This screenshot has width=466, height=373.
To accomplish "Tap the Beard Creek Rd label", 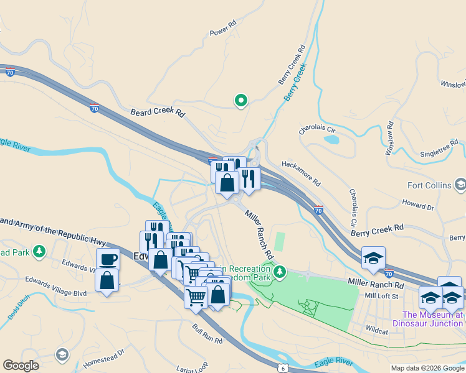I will tap(158, 113).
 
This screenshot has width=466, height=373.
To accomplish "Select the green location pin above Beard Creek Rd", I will tap(240, 99).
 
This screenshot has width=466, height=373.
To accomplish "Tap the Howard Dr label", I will tap(417, 205).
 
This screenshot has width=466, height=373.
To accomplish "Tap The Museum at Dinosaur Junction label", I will tap(428, 319).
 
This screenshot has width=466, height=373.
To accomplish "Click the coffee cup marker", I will tap(108, 259).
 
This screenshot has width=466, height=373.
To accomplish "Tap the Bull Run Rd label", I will tap(207, 335).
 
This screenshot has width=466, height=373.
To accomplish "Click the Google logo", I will tap(21, 365).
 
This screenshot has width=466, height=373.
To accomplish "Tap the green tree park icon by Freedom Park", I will tap(280, 270).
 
